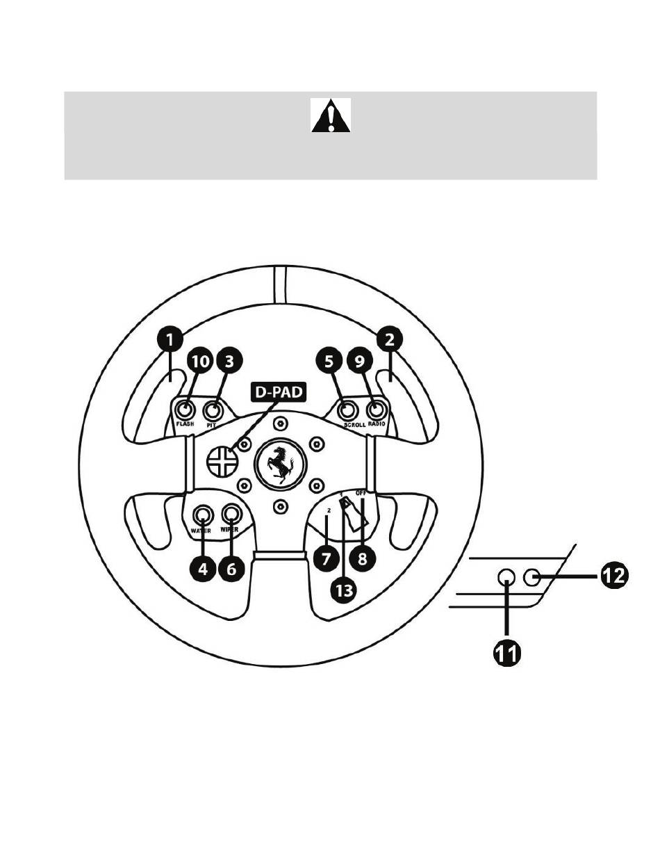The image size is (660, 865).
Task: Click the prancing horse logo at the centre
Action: coord(280,465)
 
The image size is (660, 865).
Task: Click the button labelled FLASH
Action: coord(184,411)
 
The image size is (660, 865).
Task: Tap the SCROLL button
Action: coord(347,411)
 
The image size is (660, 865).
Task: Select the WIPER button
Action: coord(231,513)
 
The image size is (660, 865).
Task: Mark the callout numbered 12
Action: coord(614,576)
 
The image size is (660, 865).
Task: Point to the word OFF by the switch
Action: coord(361,493)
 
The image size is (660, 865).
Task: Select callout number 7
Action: coord(326,559)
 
